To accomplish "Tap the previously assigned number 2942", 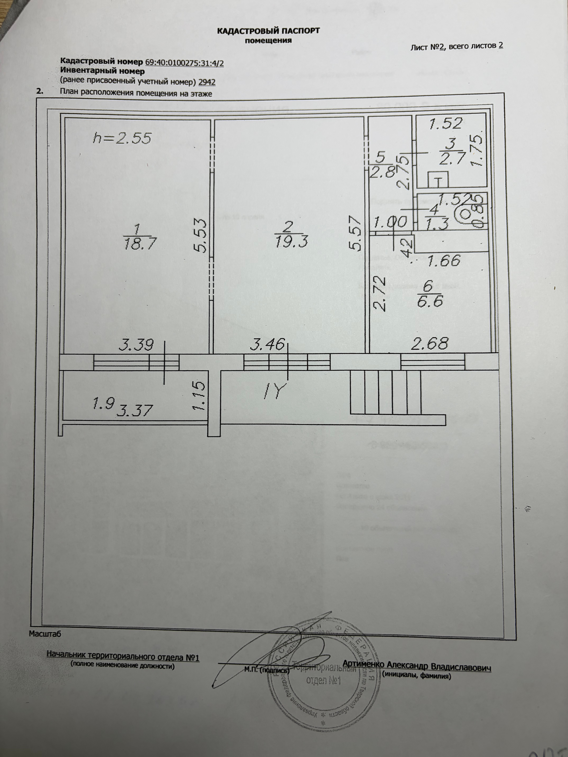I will coord(207,82).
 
